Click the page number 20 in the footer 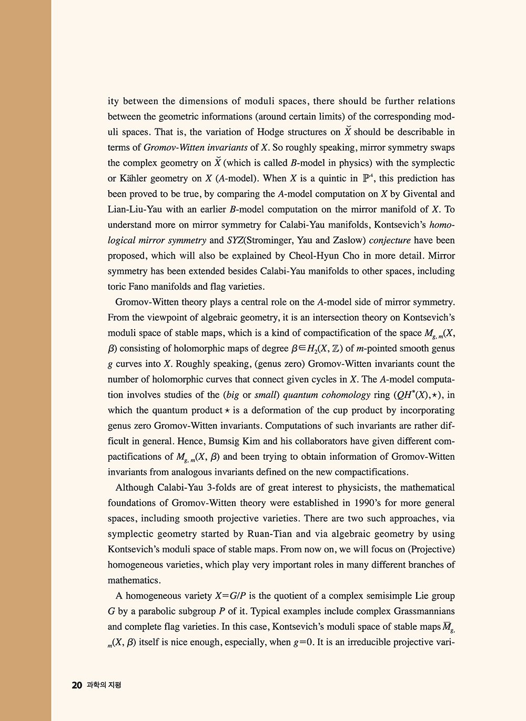coord(77,685)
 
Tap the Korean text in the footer coord(104,685)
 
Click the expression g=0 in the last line coord(304,642)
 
